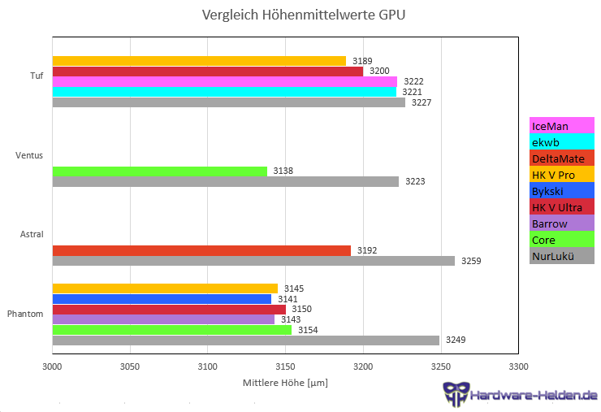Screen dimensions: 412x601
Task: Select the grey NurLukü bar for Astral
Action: click(253, 261)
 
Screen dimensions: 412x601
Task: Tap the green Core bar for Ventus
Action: click(159, 171)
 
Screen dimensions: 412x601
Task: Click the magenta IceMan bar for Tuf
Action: click(225, 81)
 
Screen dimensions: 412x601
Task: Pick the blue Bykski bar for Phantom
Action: click(162, 299)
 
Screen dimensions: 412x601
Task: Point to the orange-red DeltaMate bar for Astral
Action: click(201, 250)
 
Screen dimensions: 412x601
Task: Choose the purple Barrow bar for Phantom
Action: click(163, 319)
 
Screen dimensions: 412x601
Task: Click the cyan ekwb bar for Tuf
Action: click(224, 92)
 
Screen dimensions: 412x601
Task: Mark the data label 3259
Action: click(471, 261)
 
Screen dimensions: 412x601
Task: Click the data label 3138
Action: click(283, 171)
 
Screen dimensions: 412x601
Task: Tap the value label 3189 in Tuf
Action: click(362, 61)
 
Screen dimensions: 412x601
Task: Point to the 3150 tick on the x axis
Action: click(285, 366)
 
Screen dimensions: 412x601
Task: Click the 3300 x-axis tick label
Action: click(518, 366)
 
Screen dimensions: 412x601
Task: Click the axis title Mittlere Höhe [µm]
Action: click(284, 382)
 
